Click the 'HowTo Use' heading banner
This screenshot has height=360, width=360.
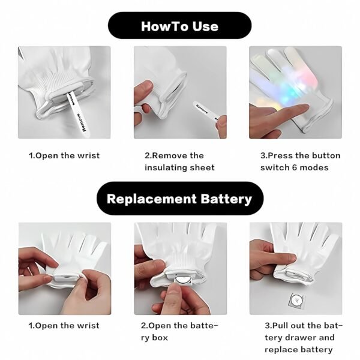tap(179, 26)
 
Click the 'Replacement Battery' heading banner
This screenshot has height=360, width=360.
tap(179, 199)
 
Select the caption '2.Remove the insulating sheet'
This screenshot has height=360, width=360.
tap(179, 161)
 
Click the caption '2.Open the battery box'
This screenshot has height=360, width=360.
tap(179, 332)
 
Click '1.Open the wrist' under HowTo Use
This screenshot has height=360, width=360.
tap(64, 155)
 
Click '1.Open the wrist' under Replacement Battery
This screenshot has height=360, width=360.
tap(64, 326)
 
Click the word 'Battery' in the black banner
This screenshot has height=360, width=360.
tap(224, 199)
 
